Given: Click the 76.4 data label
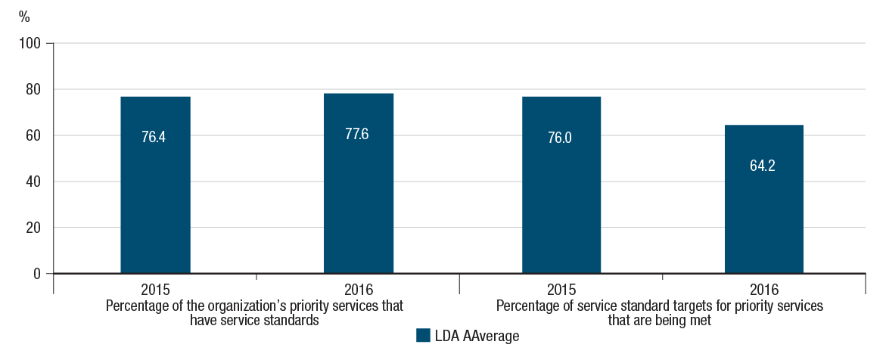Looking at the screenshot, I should point(155,138).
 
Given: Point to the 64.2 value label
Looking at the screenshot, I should point(763,166).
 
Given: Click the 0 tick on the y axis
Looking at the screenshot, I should point(37,274).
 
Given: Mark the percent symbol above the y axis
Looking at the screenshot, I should point(24,16).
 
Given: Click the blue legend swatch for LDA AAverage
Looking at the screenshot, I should point(422,336).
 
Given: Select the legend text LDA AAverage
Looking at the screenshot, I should point(476,337).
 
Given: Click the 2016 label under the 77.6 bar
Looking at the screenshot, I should point(358,290).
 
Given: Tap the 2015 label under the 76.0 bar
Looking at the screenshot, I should point(561,290).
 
